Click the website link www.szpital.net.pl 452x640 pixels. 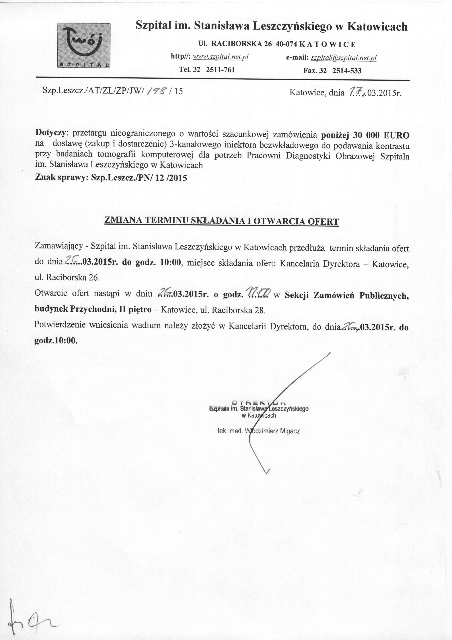tap(220, 57)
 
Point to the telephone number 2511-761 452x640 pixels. tap(220, 70)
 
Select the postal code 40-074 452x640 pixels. tap(284, 44)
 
